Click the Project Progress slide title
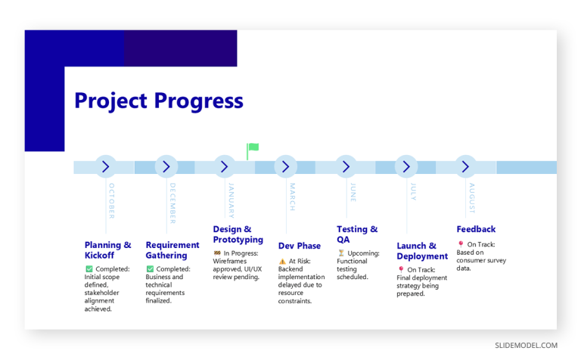159,101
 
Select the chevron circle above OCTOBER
105,167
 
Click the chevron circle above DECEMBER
166,167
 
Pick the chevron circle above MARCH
285,167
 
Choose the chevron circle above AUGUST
466,167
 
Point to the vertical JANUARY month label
231,200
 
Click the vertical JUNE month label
353,193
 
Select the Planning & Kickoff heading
107,250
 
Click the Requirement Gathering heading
172,250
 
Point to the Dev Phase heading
299,246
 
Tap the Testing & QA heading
356,234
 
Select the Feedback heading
476,229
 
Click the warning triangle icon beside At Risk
282,261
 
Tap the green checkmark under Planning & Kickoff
89,269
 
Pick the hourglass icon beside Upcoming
340,253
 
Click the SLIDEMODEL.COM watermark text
527,346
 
